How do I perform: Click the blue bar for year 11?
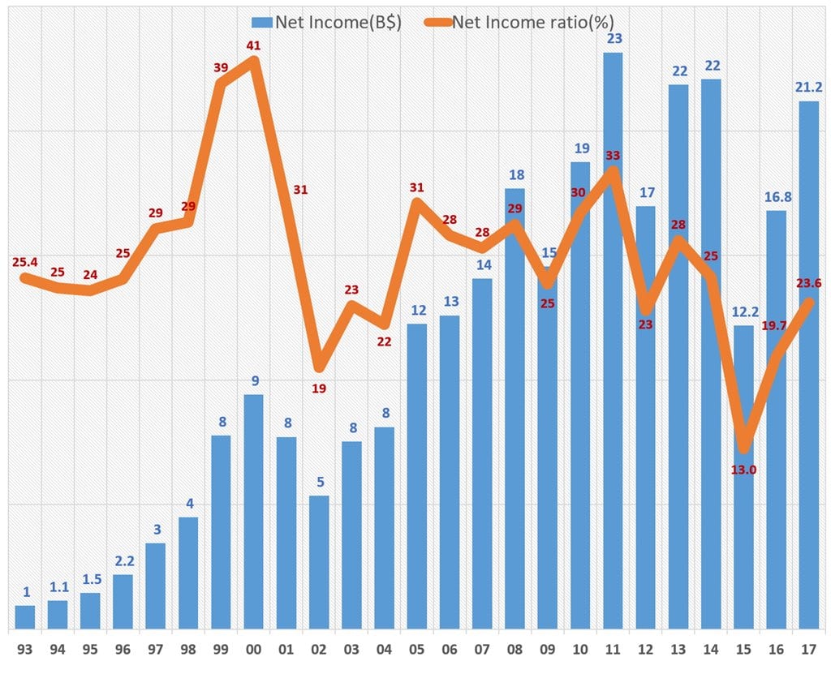[613, 341]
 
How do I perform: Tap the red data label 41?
[253, 47]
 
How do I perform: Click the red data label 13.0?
[743, 468]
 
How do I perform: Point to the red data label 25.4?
[25, 262]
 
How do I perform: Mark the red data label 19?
[319, 389]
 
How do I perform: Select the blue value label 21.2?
[808, 87]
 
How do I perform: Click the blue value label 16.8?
[776, 195]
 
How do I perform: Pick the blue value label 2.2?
[123, 560]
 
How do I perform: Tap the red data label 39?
[221, 68]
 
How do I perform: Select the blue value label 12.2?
[743, 311]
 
